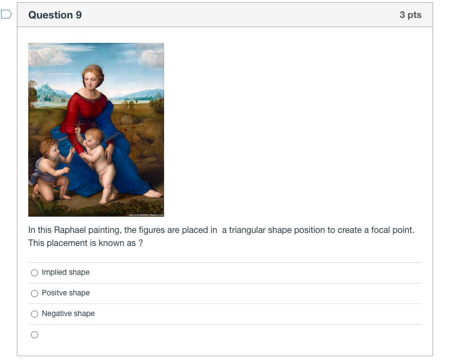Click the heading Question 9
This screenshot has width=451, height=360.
pyautogui.click(x=55, y=15)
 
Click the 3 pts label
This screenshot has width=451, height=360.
pyautogui.click(x=410, y=15)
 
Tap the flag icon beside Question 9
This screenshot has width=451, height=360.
pyautogui.click(x=7, y=15)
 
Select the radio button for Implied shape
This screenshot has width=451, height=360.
pyautogui.click(x=35, y=273)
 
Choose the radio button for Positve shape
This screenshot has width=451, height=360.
pyautogui.click(x=35, y=293)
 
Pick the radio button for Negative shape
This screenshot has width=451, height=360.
pyautogui.click(x=35, y=314)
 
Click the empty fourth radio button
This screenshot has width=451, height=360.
pyautogui.click(x=35, y=335)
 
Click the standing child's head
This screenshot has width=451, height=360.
pyautogui.click(x=95, y=136)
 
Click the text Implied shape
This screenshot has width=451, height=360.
pyautogui.click(x=66, y=273)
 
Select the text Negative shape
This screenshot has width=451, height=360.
pyautogui.click(x=68, y=314)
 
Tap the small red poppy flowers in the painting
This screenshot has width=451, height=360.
pyautogui.click(x=126, y=130)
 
